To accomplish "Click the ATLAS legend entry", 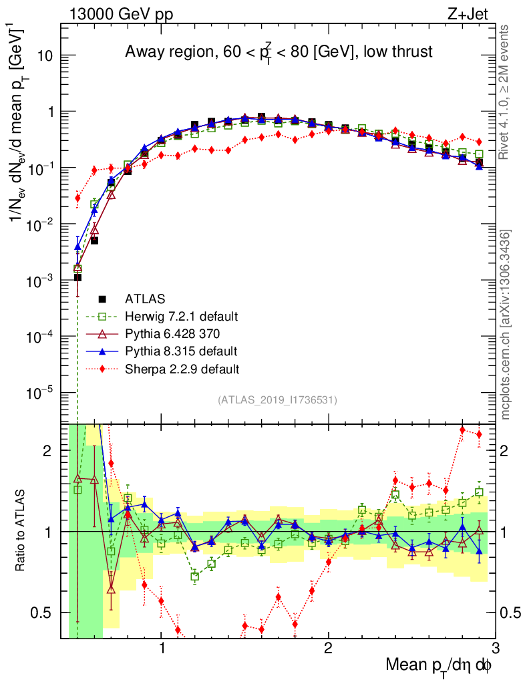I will click(145, 299).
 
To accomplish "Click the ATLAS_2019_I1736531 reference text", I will click(277, 400).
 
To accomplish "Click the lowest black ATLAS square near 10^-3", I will click(77, 277).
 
